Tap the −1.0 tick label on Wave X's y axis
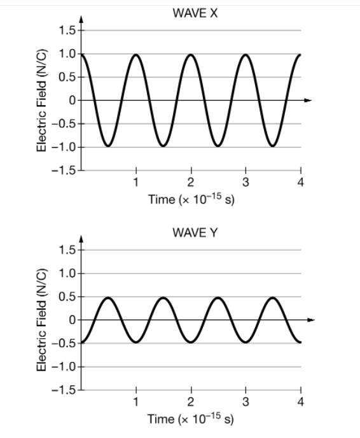[64, 147]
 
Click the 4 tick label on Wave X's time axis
[301, 183]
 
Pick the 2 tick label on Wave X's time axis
[190, 183]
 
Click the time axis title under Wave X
[190, 200]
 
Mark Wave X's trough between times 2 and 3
[218, 146]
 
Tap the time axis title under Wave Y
[190, 419]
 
